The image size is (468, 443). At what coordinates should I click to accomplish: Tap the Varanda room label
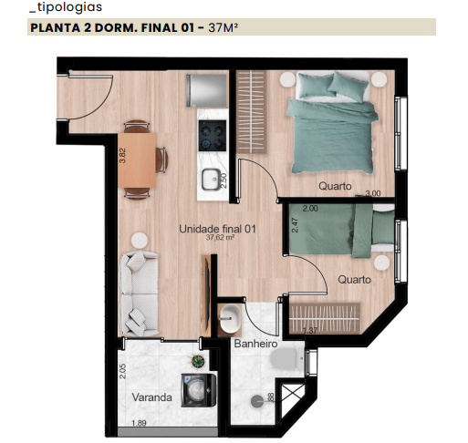151,398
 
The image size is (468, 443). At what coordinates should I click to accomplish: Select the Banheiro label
255,345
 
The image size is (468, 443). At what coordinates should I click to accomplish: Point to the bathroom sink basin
229,318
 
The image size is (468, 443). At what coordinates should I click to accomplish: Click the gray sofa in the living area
141,291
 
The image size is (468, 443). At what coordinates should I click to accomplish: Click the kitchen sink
212,179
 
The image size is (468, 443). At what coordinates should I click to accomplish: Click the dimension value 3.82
122,156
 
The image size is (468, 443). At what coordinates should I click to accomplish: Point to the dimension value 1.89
139,423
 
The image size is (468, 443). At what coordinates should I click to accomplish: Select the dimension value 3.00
372,194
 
